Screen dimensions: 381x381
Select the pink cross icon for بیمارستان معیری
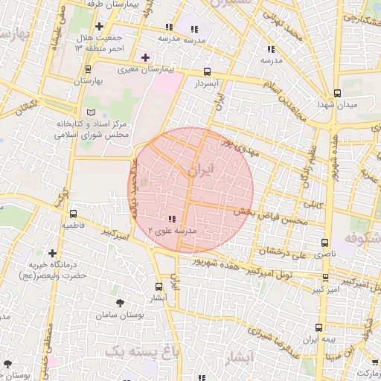click(x=145, y=57)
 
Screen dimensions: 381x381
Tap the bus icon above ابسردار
click(x=207, y=72)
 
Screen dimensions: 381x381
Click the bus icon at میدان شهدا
click(x=338, y=94)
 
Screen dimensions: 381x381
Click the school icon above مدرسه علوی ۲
click(x=173, y=220)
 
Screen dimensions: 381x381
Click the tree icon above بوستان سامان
click(x=121, y=301)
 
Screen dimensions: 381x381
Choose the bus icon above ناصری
click(x=324, y=243)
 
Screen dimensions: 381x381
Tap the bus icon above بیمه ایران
click(x=318, y=327)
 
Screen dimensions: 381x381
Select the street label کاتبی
click(x=311, y=202)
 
